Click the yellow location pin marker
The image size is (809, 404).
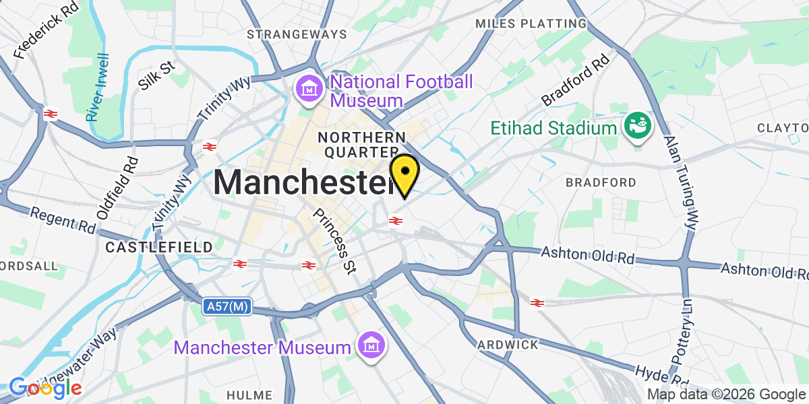click(x=404, y=173)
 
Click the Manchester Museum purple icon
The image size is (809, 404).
click(x=371, y=347)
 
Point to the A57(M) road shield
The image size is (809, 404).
click(x=227, y=307)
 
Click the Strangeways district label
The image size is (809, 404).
click(x=297, y=34)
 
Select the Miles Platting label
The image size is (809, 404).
click(x=531, y=24)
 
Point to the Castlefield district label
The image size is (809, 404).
click(x=159, y=248)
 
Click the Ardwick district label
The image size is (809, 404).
click(x=508, y=345)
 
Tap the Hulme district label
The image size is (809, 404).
click(x=249, y=395)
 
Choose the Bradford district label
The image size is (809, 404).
click(x=601, y=182)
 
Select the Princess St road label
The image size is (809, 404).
click(x=336, y=240)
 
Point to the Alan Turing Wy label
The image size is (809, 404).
click(x=680, y=182)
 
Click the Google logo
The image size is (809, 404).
click(x=45, y=387)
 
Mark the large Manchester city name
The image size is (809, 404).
click(x=303, y=182)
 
